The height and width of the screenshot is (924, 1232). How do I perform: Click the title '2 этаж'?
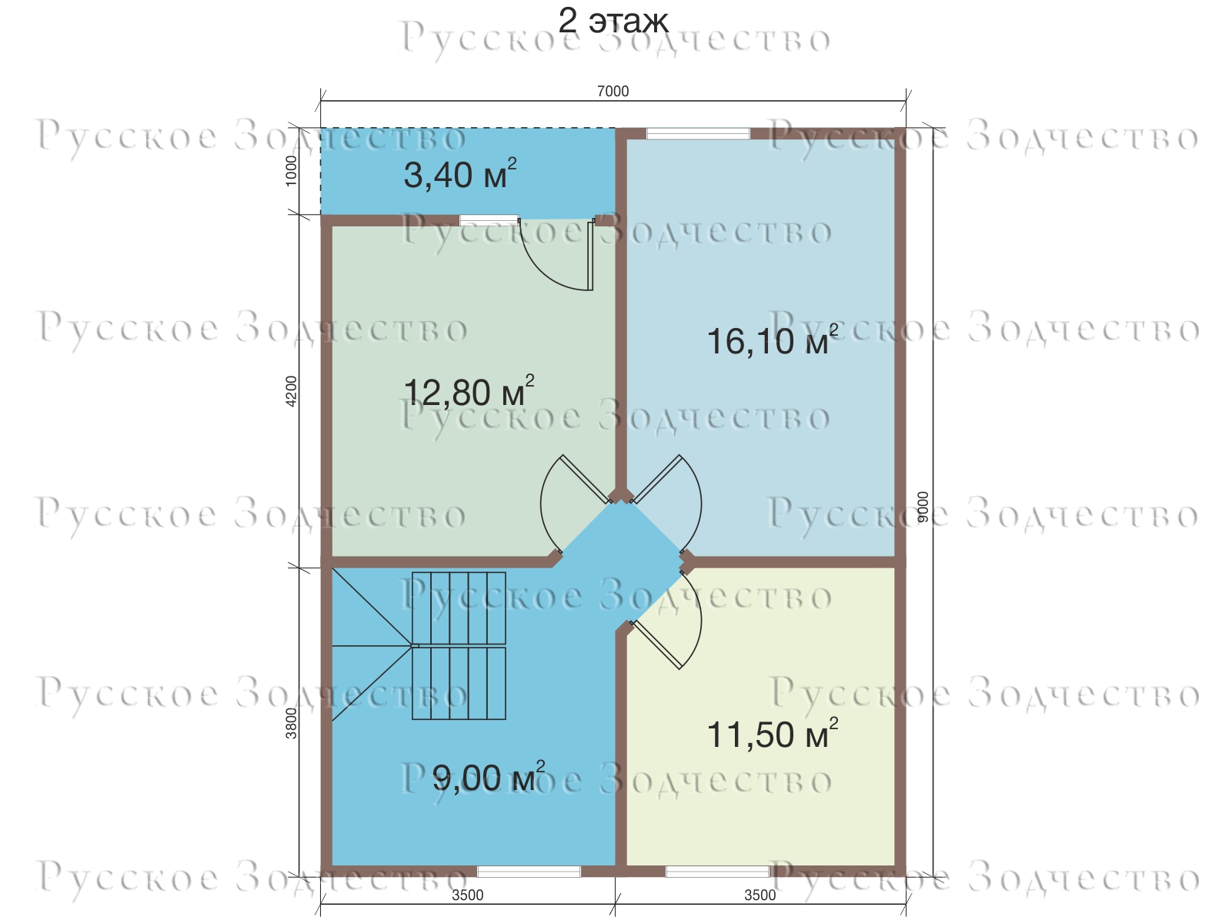coord(613,22)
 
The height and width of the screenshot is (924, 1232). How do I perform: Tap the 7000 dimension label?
coord(613,91)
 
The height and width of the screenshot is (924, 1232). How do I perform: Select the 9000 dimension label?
coord(923,507)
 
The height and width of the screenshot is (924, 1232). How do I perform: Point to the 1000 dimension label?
coord(291,171)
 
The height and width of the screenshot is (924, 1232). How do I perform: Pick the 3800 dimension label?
coord(291,723)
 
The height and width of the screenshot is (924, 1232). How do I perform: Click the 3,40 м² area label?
coord(460,174)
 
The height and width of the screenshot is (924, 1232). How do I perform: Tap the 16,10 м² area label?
coord(773,340)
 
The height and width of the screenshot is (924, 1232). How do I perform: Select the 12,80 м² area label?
coord(469,391)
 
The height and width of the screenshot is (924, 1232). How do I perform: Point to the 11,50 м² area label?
coord(773,734)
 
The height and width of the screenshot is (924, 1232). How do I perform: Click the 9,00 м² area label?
coord(489,778)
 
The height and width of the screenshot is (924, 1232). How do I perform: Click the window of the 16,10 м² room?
coord(698,134)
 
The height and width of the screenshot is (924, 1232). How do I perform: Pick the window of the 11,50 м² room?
coord(717,872)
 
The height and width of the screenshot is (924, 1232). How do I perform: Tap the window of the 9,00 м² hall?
coord(529,872)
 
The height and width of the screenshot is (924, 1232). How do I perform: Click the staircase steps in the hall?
coord(459,645)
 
